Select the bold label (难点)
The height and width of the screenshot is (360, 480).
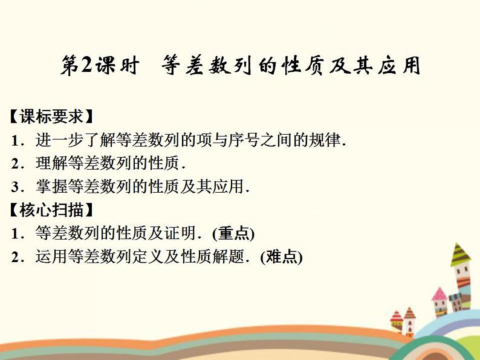pyautogui.click(x=281, y=257)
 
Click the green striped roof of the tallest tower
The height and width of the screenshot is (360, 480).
pyautogui.click(x=461, y=254)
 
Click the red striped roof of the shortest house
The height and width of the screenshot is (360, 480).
pyautogui.click(x=397, y=316)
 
